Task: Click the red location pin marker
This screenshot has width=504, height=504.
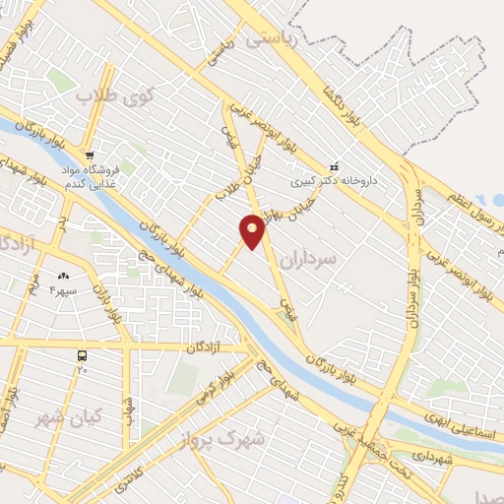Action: [252, 231]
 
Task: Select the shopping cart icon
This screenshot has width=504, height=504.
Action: [89, 155]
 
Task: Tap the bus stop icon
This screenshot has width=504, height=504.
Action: [83, 354]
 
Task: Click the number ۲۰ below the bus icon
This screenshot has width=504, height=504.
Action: [83, 370]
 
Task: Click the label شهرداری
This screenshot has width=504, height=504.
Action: [433, 459]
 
